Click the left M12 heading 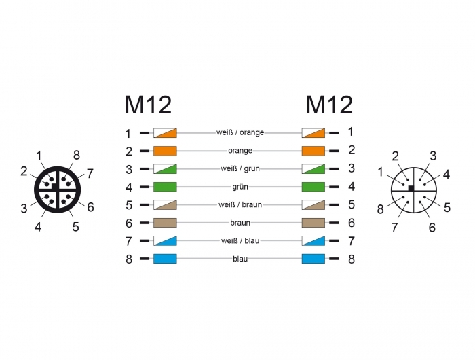pos(148,105)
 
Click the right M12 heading pos(329,105)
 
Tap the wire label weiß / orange pos(240,132)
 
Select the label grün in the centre pos(240,187)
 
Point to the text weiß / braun pos(240,204)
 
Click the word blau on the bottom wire pos(240,259)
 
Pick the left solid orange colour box pos(165,151)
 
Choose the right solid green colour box pos(313,187)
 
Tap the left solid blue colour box pos(165,259)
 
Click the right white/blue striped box pos(313,241)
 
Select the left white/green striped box pos(165,168)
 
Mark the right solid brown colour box pos(313,223)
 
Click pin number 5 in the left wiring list pos(129,205)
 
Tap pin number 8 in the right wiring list pos(351,259)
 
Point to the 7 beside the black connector pos(90,174)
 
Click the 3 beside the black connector pos(24,209)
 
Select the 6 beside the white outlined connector pos(432,227)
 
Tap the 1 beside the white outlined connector pos(381,172)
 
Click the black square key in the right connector pos(411,188)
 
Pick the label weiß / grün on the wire pos(240,168)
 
